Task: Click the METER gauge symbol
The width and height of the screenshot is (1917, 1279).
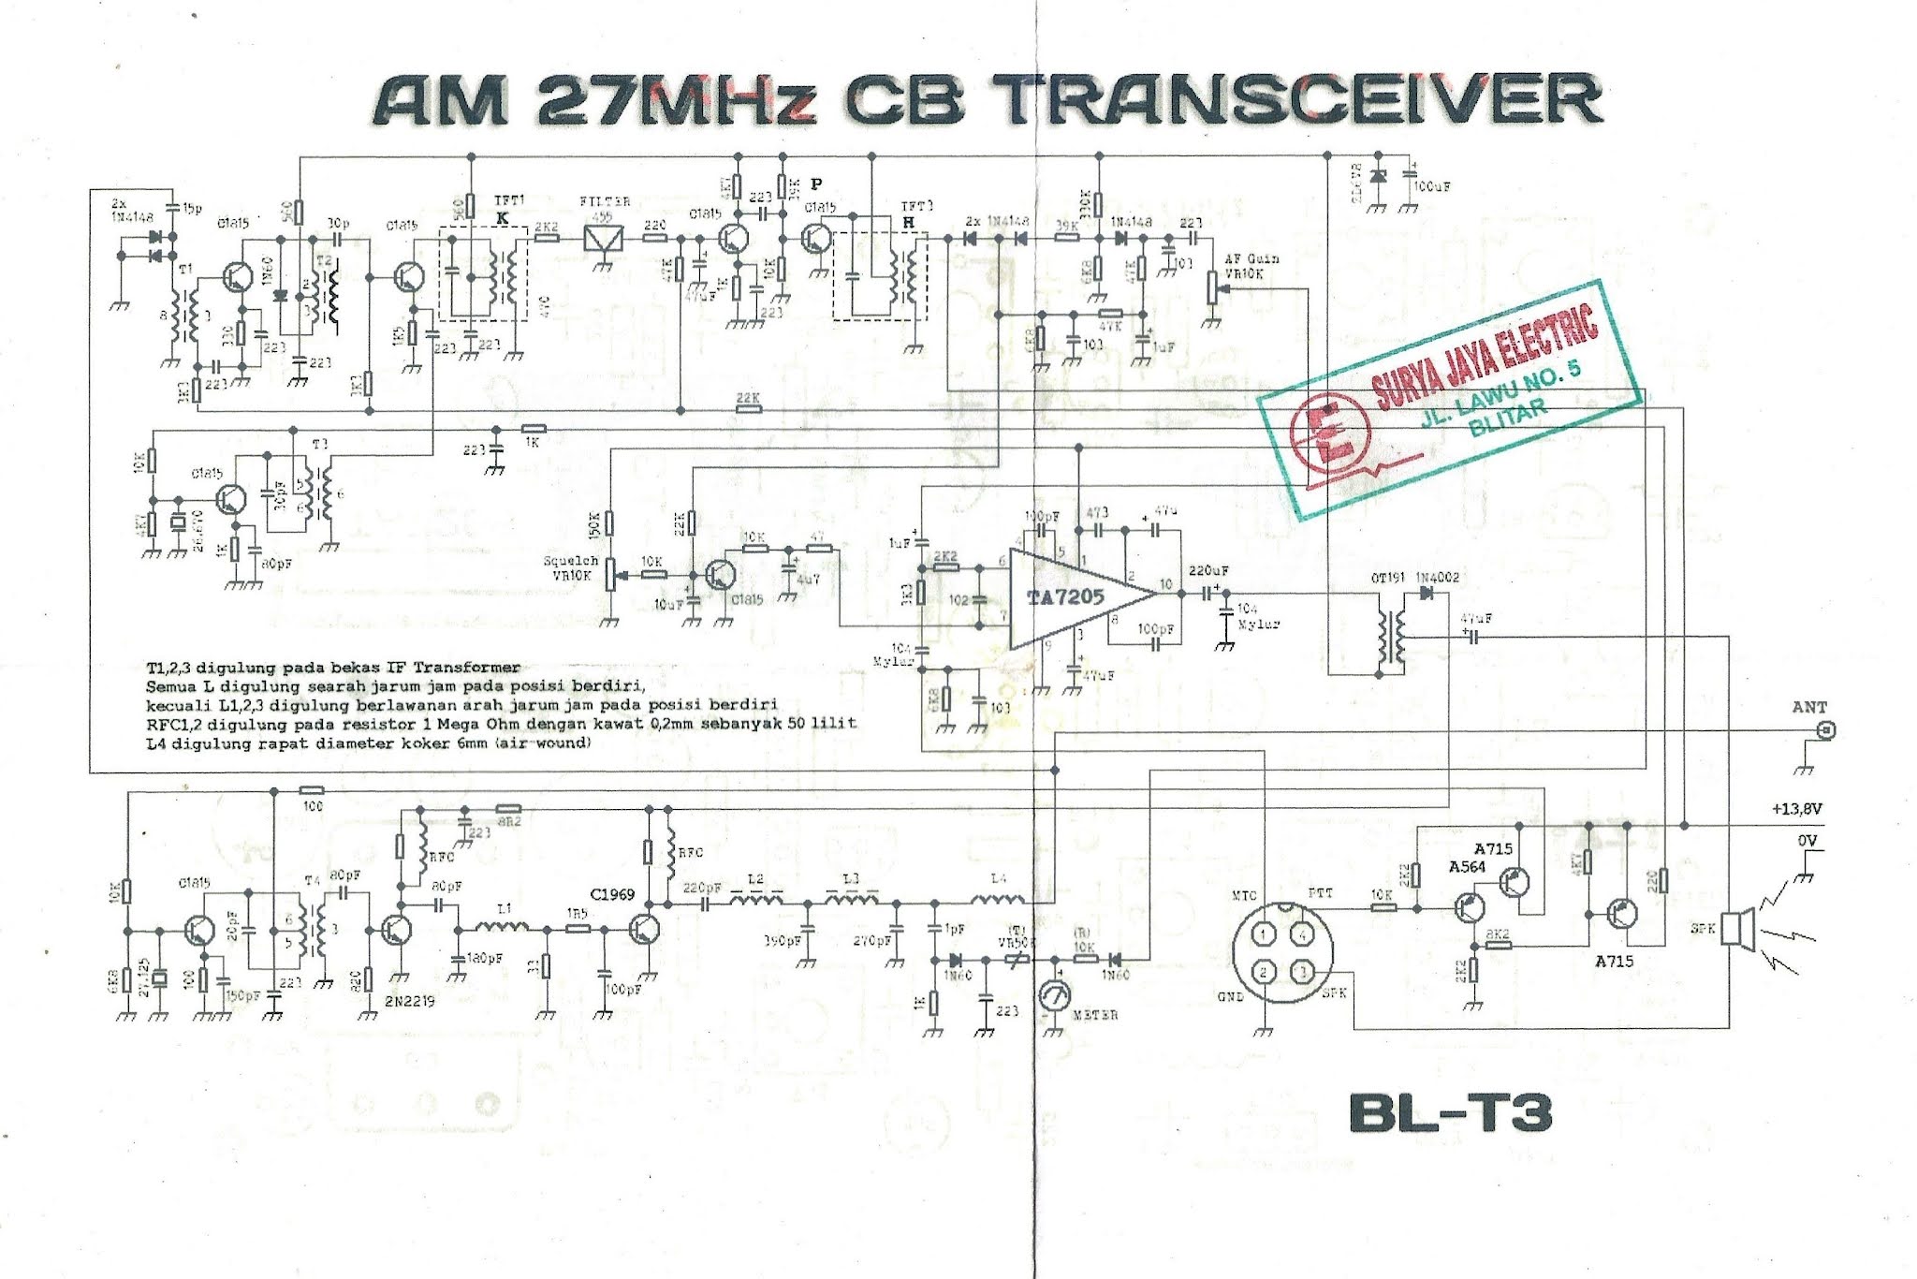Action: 1055,998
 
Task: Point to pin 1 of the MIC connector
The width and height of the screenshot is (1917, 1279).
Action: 1264,934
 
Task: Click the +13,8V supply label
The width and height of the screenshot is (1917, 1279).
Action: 1796,809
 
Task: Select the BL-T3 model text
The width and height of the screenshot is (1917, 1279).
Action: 1450,1114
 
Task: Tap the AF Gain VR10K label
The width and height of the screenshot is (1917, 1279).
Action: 1251,266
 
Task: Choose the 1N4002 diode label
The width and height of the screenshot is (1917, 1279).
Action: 1437,578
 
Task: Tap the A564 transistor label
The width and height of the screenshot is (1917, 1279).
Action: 1467,867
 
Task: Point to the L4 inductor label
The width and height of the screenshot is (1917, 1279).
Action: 999,878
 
